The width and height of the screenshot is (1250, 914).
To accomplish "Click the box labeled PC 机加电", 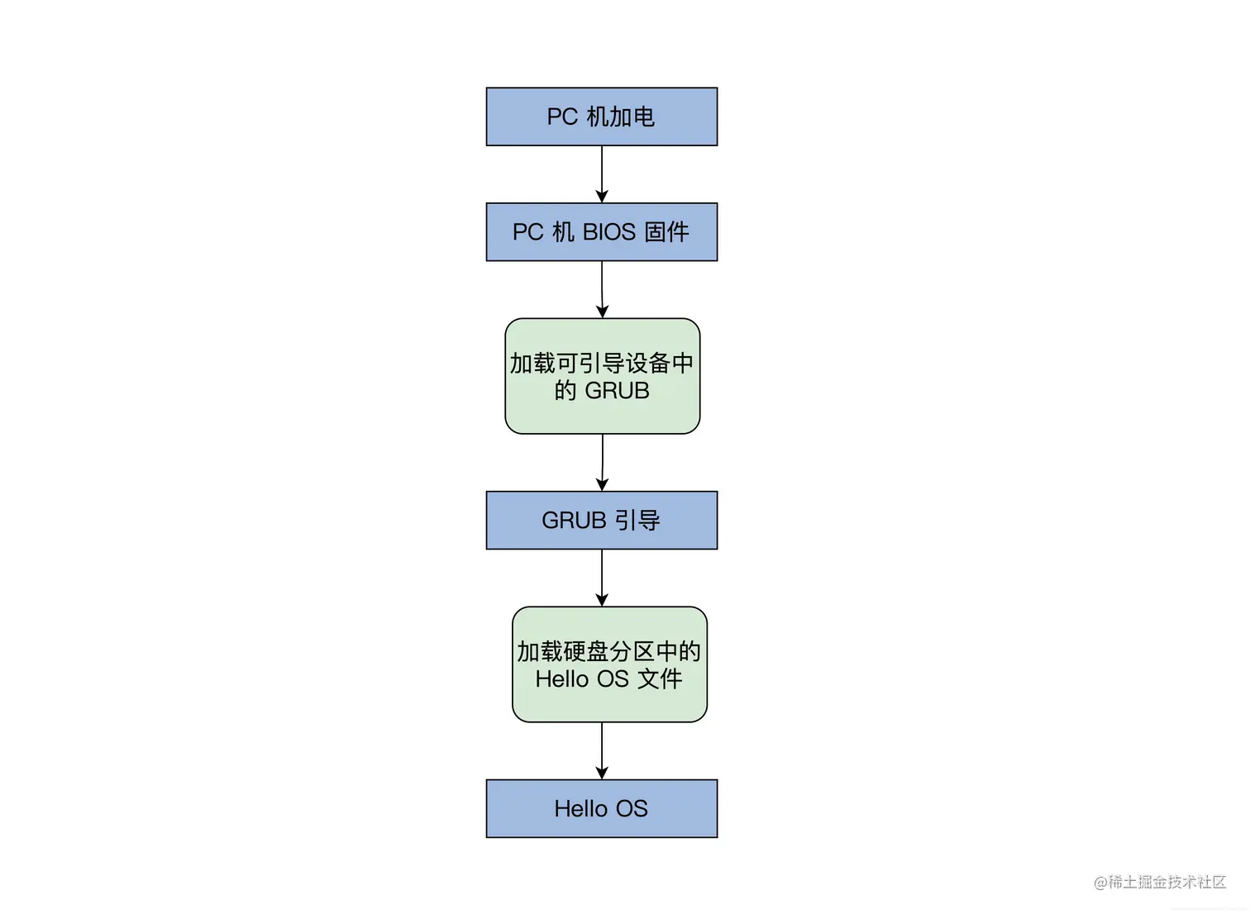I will point(601,117).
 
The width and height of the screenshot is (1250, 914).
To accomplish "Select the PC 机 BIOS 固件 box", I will point(601,232).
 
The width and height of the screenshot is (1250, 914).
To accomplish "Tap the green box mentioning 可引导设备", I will point(602,376).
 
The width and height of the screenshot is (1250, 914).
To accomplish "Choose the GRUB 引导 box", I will point(601,520).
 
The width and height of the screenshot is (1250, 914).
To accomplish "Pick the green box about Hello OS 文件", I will point(609,664).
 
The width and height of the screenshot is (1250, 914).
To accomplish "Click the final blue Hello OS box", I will point(601,808).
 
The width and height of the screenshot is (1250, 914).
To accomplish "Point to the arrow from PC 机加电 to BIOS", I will point(602,174).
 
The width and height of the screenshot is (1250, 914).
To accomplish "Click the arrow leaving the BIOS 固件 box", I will point(602,289).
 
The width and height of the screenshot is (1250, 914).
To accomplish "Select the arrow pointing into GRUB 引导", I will point(603,463).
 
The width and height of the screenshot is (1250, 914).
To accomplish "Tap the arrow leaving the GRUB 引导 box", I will point(602,578).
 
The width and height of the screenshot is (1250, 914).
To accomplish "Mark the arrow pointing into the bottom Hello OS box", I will point(602,750).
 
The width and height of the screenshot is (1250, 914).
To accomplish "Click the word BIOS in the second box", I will point(608,232).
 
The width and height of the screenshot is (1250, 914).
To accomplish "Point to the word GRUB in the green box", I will point(617,391).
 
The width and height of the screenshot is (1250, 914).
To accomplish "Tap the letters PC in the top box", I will point(562,117).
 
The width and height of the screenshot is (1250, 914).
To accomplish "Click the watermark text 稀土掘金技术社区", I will point(1166,882).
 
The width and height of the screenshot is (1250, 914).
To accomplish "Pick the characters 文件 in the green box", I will point(660,679).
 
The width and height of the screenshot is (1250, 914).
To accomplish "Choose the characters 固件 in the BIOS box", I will point(666,232).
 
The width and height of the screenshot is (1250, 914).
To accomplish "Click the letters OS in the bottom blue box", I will point(632,809).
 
